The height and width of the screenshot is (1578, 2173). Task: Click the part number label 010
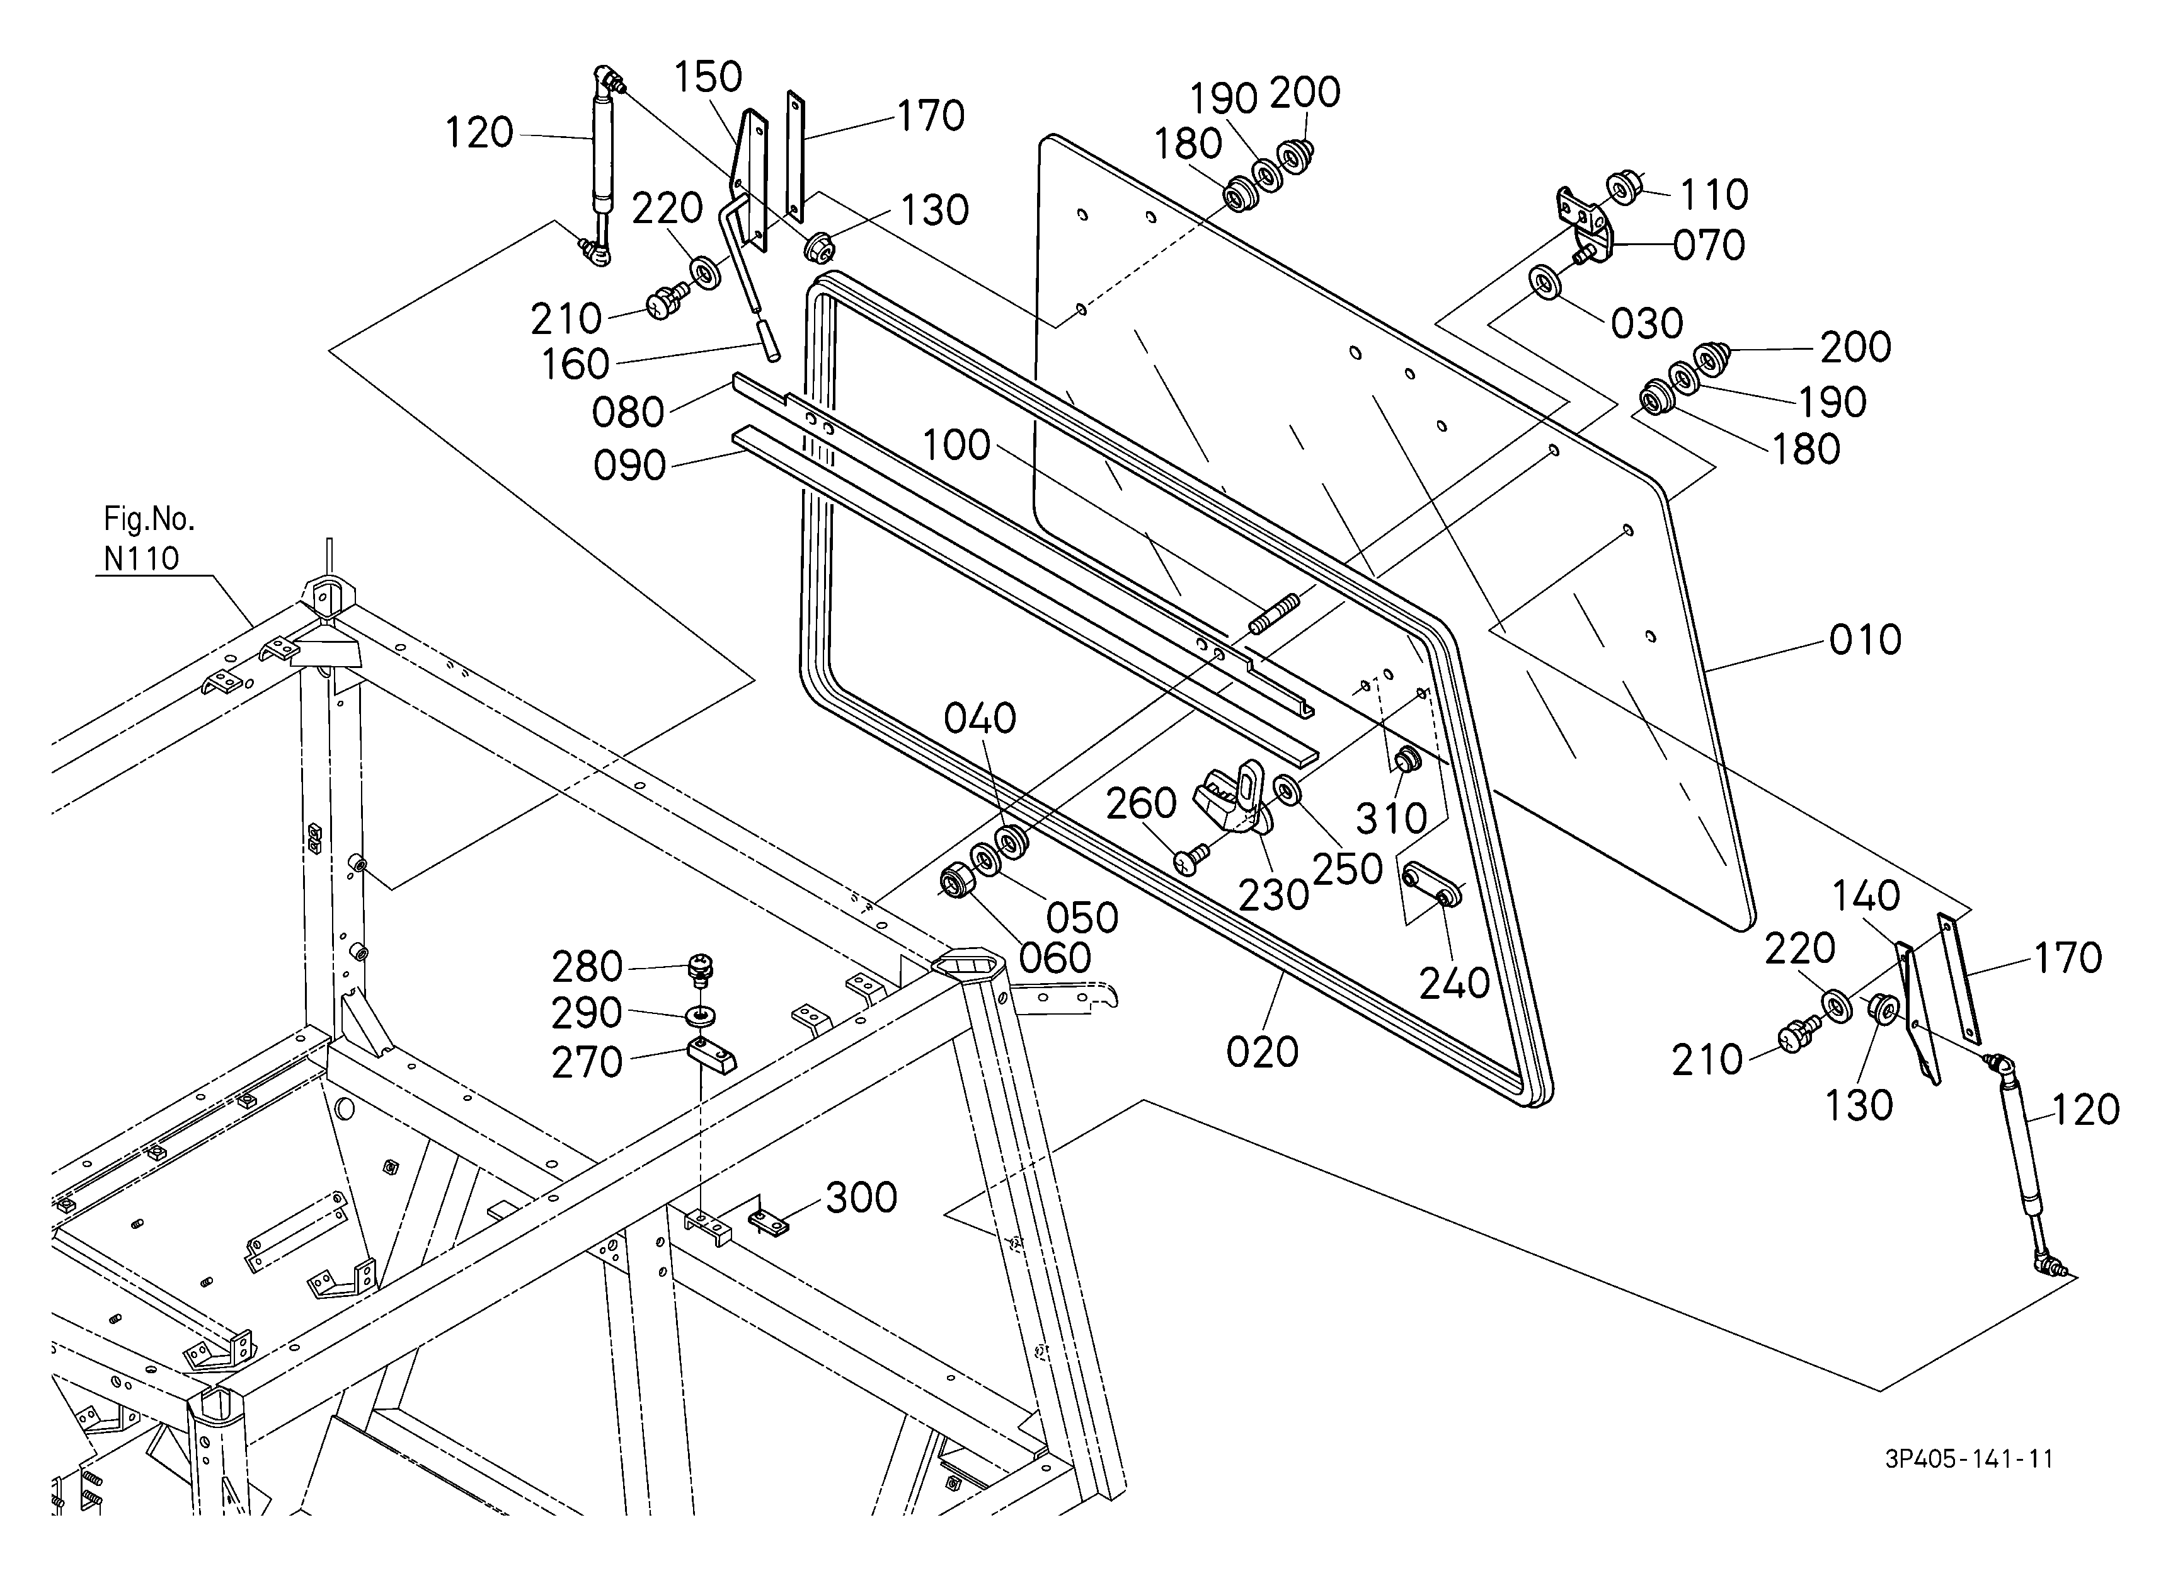coord(1864,640)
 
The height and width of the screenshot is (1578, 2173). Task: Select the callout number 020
coord(1262,1052)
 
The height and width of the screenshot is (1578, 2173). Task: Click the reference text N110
coord(142,558)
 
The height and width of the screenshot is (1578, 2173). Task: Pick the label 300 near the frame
coord(861,1197)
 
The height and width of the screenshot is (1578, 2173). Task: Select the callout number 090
coord(629,466)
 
